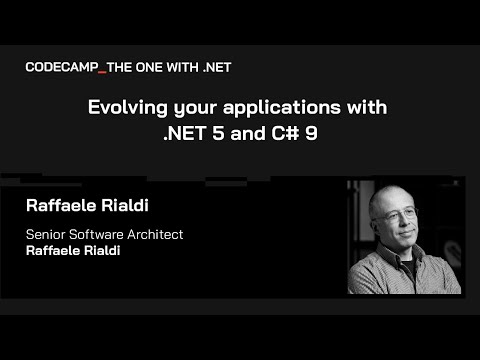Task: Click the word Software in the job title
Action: click(x=103, y=235)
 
